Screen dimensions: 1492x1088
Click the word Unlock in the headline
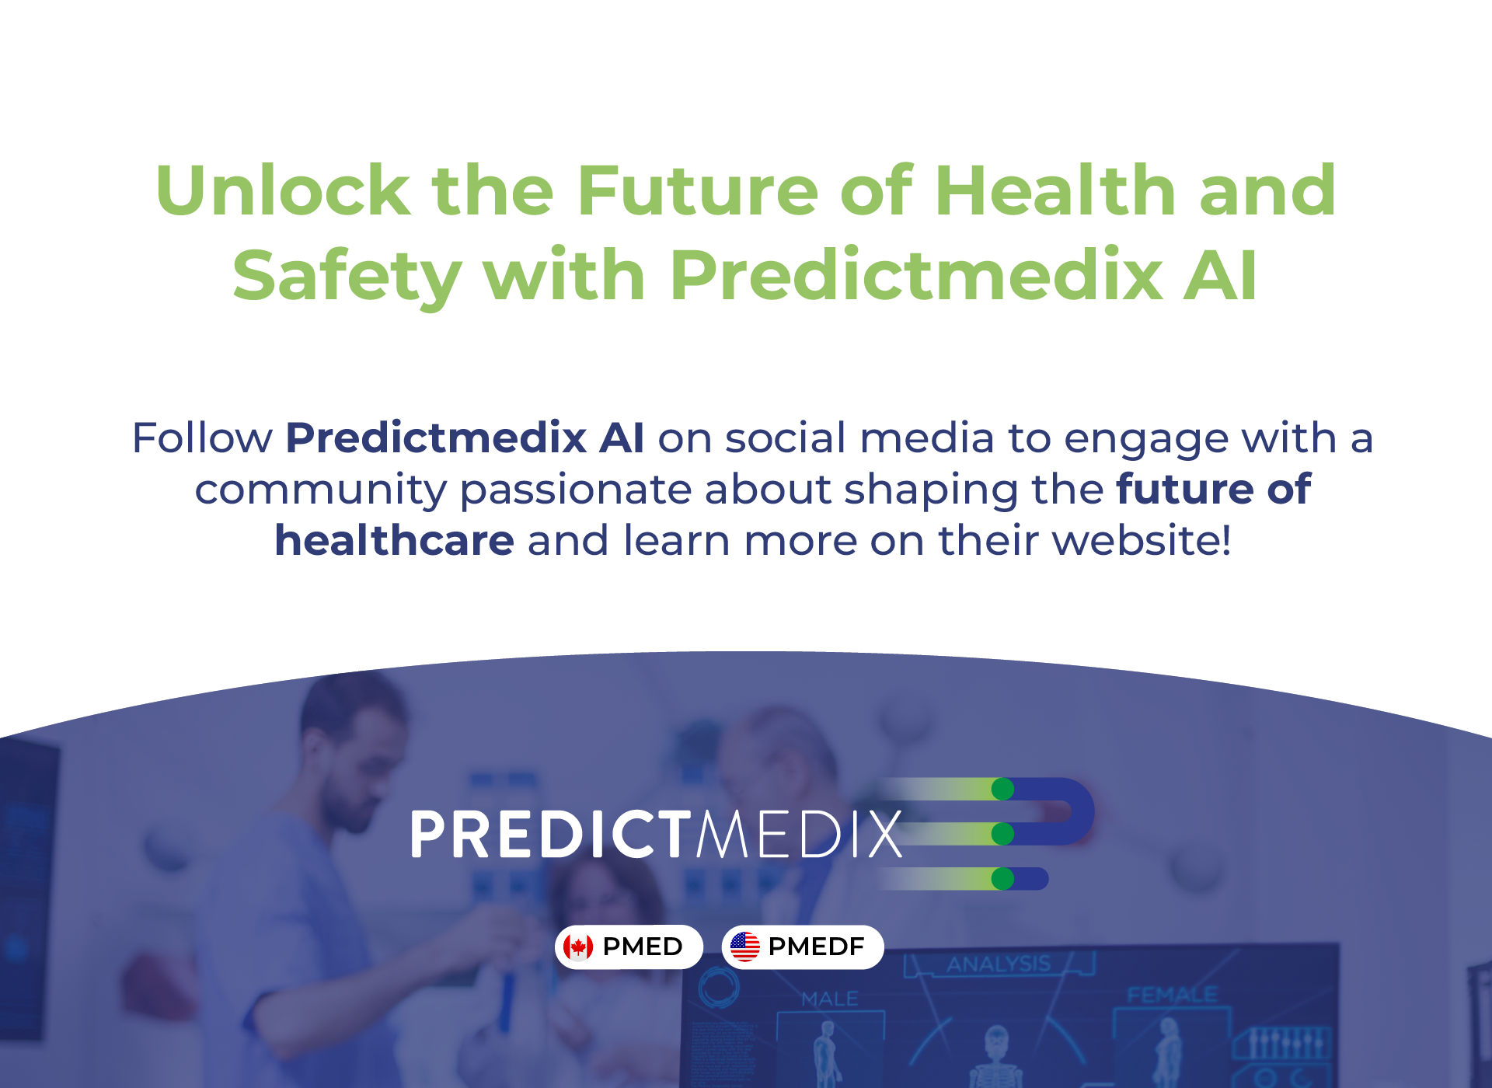click(283, 190)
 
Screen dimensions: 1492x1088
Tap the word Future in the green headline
click(698, 190)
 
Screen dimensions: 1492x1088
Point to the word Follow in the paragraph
click(202, 438)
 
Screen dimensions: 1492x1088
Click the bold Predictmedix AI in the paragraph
click(465, 438)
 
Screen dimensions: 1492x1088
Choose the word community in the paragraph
click(320, 490)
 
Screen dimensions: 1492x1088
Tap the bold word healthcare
click(394, 540)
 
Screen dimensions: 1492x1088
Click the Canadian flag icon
click(578, 947)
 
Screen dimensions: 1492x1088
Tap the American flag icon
click(744, 947)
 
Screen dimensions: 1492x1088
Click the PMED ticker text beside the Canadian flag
click(643, 947)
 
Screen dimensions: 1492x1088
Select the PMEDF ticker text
click(816, 947)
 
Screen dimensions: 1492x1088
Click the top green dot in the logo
click(1002, 789)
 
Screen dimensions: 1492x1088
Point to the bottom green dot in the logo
click(1002, 879)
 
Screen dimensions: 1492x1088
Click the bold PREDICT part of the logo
click(551, 835)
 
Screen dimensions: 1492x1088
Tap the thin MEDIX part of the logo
click(800, 835)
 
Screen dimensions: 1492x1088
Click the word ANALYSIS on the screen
click(999, 964)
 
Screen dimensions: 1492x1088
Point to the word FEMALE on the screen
click(1172, 996)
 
